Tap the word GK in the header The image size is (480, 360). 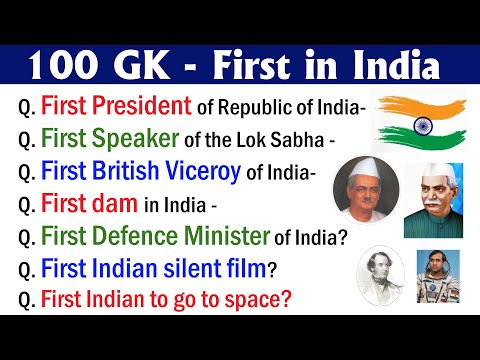151,67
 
